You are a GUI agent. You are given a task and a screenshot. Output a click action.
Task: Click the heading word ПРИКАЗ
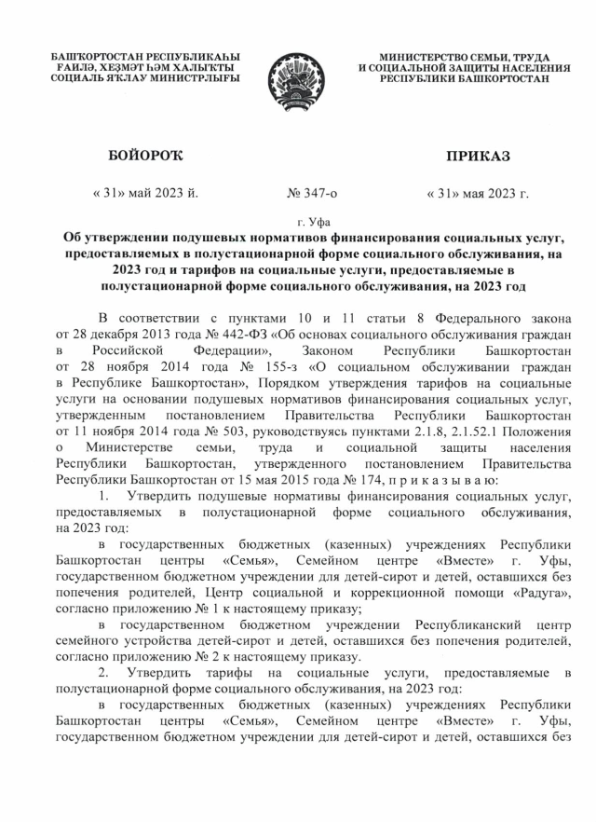477,155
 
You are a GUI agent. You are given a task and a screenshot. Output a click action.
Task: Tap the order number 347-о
313,194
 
